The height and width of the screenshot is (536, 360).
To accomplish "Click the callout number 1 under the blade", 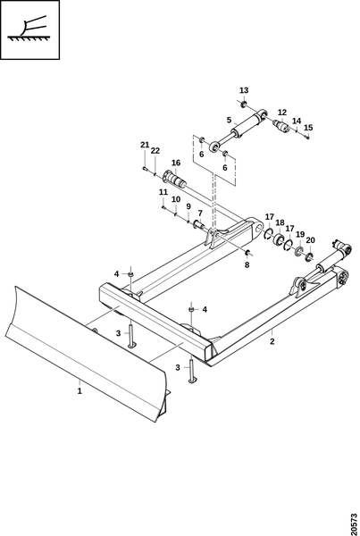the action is tap(80, 390).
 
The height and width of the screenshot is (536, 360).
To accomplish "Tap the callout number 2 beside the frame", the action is tap(272, 341).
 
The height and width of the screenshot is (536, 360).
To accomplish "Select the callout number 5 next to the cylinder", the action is tap(229, 120).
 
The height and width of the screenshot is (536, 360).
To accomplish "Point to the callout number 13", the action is tap(244, 90).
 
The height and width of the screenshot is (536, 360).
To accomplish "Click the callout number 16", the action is tap(176, 163).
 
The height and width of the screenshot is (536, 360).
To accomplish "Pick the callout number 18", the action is tap(280, 222).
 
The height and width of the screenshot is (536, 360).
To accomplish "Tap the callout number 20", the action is tap(310, 240).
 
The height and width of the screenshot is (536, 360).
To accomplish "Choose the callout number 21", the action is tap(145, 145).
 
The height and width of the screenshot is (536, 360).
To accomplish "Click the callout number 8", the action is tap(247, 264).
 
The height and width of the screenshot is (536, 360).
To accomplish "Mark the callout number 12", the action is tap(282, 113).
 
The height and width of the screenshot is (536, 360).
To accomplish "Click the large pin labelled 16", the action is tap(176, 179).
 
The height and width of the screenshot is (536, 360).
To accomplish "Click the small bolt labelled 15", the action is tap(307, 137).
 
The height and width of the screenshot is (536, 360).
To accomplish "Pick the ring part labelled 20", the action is tap(309, 256).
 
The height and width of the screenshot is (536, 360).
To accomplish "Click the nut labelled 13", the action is tap(244, 104).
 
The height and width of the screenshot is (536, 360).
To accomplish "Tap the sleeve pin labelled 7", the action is tap(199, 224).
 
